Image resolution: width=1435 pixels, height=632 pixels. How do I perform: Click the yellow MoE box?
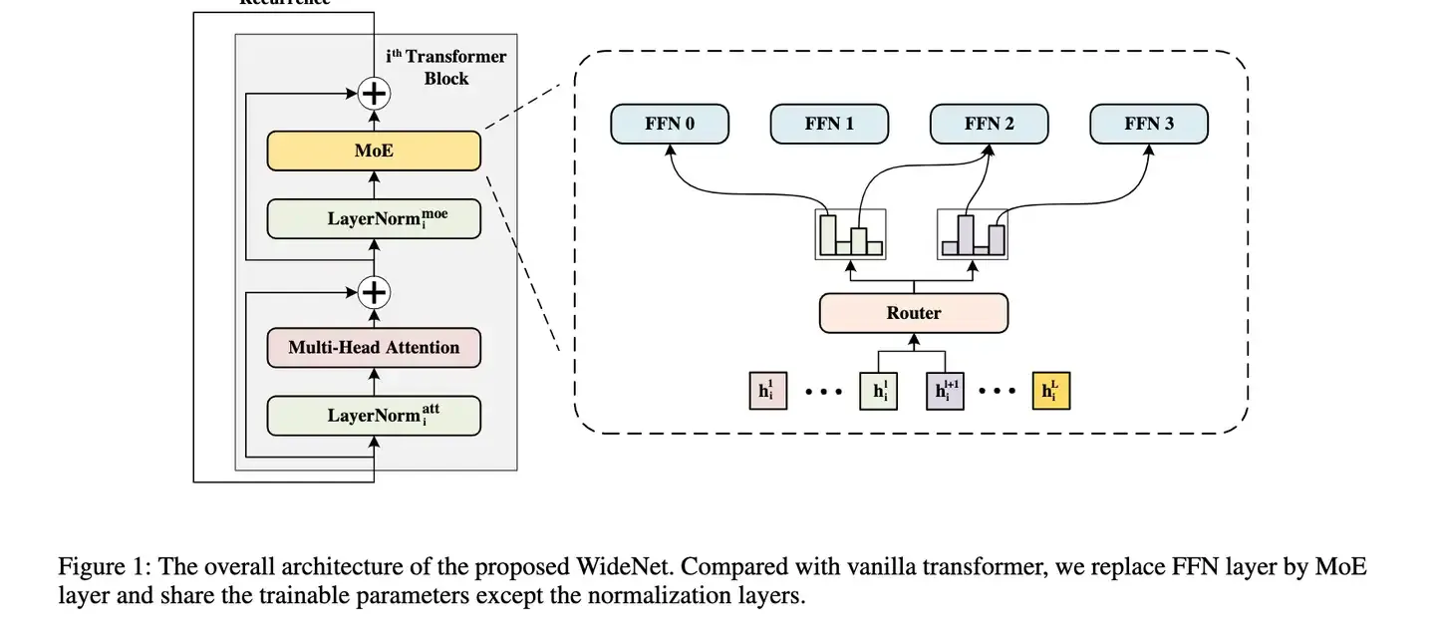coord(374,152)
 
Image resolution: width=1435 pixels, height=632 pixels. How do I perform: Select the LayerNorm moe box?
coord(374,218)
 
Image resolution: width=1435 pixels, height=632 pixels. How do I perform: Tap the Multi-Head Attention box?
coord(374,348)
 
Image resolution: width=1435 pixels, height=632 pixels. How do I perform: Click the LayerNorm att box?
coord(374,415)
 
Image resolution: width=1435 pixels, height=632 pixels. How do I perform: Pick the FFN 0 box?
coord(670,125)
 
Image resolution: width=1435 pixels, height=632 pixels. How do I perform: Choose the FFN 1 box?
coord(829,125)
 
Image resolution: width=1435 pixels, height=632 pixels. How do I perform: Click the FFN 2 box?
coord(990,125)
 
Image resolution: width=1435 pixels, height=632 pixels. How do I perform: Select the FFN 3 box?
coord(1149,125)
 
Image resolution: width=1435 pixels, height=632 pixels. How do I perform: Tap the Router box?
coord(914,313)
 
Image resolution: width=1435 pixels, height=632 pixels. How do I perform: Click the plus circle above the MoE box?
coord(374,94)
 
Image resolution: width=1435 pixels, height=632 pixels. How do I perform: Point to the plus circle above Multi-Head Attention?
coord(374,292)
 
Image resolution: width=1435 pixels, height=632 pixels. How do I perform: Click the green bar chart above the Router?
coord(850,235)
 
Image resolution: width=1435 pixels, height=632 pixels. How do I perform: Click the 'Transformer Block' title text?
coord(446,67)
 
